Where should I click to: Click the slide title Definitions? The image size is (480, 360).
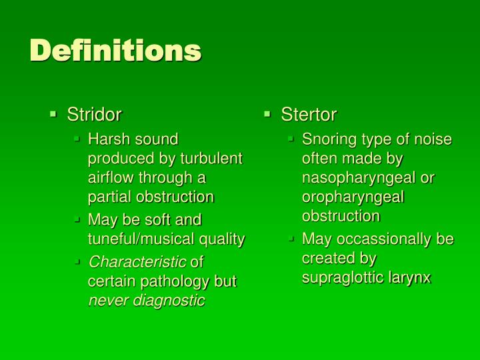coord(115,51)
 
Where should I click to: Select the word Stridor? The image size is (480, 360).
coord(94,115)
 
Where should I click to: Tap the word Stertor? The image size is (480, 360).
coord(309,115)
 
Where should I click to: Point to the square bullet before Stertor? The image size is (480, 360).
coord(267,115)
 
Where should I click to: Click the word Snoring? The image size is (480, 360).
coord(327,139)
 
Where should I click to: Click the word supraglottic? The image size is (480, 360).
coord(344,277)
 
